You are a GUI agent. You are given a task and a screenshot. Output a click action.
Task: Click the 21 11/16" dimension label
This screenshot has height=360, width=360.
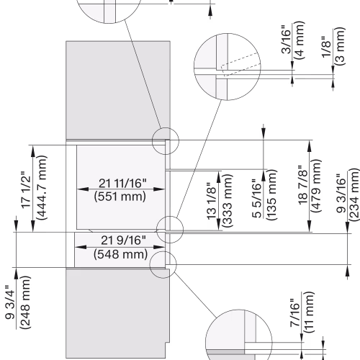122,183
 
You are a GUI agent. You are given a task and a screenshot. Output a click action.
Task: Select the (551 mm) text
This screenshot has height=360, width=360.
120,197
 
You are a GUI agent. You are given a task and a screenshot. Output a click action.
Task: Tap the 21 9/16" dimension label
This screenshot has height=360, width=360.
123,240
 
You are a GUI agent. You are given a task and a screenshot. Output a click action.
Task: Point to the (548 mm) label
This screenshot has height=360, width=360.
120,254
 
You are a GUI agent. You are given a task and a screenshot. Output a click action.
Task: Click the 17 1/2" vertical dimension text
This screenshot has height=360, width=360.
26,190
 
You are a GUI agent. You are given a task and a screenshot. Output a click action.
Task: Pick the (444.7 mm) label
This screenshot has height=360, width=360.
41,187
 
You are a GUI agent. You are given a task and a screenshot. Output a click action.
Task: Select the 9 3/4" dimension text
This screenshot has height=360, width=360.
10,302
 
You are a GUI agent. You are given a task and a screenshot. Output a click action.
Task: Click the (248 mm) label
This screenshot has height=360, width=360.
25,302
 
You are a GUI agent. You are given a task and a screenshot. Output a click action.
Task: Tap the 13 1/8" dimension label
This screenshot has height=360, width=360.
212,201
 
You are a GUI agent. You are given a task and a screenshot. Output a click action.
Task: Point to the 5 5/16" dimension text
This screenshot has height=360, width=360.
257,198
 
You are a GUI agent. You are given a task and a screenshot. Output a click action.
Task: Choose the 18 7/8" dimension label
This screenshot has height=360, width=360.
303,185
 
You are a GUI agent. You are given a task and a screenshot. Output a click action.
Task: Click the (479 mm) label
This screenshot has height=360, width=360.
316,186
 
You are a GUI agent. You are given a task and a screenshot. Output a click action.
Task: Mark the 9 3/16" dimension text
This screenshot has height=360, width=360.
341,193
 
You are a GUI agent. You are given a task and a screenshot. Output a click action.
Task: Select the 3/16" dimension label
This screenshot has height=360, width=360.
286,40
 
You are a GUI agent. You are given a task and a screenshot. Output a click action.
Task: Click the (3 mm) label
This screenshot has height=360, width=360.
340,46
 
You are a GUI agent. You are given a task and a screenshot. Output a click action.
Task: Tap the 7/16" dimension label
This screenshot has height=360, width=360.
295,312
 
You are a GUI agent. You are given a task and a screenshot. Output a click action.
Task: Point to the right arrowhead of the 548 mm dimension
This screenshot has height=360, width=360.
159,247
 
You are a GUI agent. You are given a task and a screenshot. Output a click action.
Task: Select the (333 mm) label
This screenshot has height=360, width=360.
228,201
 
